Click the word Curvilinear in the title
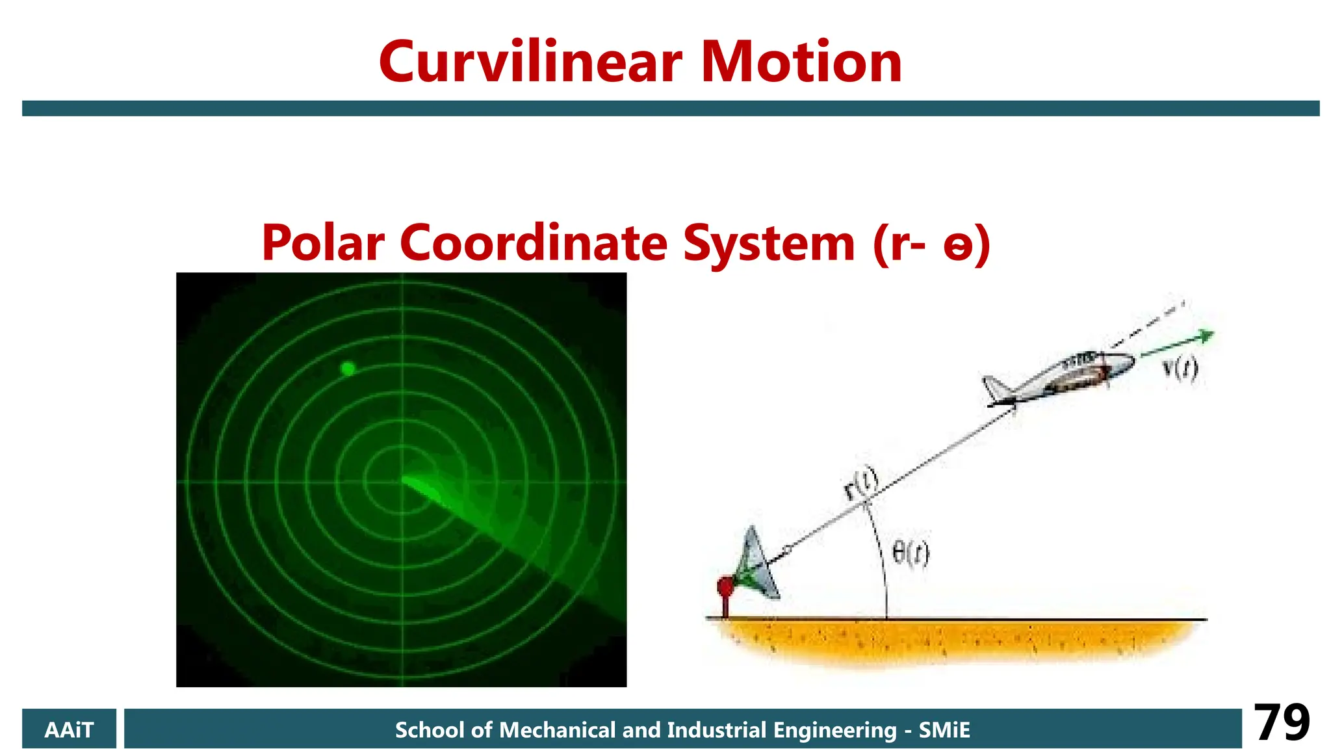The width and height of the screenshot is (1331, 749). (x=530, y=62)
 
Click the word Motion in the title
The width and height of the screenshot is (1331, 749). (x=801, y=62)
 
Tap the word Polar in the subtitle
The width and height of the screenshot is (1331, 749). (x=323, y=243)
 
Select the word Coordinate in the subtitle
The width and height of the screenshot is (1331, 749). (x=534, y=243)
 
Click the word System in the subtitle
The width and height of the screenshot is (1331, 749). (x=769, y=243)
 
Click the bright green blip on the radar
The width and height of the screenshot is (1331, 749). (x=348, y=369)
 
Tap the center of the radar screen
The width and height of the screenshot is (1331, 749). (x=402, y=481)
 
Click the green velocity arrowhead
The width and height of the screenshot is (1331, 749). (x=1206, y=336)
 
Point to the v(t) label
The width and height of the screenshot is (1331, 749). (x=1180, y=369)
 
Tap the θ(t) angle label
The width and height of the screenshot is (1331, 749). (x=910, y=554)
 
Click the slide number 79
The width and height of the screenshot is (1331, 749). (x=1281, y=723)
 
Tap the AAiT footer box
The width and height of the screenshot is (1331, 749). (x=69, y=729)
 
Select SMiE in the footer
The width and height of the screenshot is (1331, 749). (x=944, y=730)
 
